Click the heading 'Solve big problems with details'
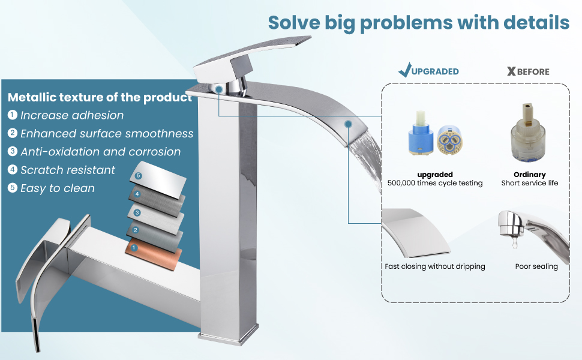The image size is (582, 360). pyautogui.click(x=419, y=23)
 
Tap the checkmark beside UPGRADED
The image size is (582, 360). pyautogui.click(x=404, y=70)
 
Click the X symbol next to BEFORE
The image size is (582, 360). pyautogui.click(x=511, y=71)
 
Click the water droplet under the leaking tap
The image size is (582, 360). pyautogui.click(x=514, y=243)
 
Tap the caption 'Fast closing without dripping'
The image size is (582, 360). pyautogui.click(x=434, y=266)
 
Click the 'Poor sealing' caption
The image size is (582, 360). pyautogui.click(x=536, y=266)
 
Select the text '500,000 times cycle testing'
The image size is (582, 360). pyautogui.click(x=434, y=183)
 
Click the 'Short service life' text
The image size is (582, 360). pyautogui.click(x=530, y=183)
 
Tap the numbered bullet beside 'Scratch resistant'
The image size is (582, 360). pyautogui.click(x=13, y=170)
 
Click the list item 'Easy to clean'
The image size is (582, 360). pyautogui.click(x=58, y=188)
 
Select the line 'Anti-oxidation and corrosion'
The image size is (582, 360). pyautogui.click(x=101, y=151)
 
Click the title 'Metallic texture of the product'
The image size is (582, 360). pyautogui.click(x=100, y=97)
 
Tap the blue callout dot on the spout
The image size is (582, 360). pyautogui.click(x=348, y=124)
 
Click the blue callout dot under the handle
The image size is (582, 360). pyautogui.click(x=218, y=89)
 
